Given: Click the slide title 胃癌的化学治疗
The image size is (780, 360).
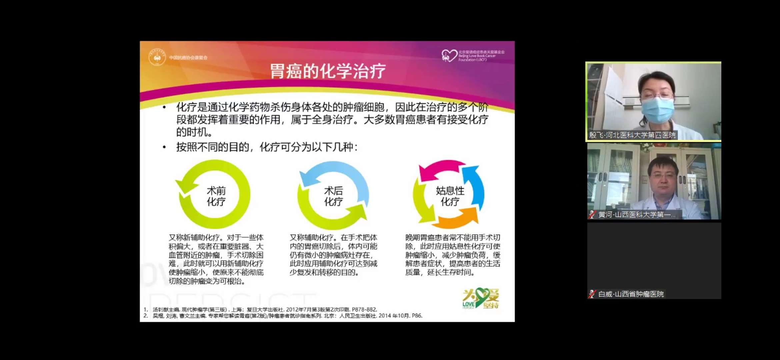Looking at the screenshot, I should [328, 71].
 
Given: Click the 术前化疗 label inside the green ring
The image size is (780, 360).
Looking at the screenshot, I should [216, 196].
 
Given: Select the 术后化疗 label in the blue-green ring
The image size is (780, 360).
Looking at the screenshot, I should [333, 196].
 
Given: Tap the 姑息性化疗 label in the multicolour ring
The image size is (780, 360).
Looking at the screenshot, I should [450, 196].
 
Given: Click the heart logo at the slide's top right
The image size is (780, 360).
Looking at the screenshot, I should [449, 56].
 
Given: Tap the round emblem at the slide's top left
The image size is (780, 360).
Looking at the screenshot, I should [157, 57].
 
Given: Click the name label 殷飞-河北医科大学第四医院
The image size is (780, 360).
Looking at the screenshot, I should [632, 135].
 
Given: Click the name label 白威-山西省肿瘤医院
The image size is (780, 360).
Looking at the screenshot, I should [631, 294].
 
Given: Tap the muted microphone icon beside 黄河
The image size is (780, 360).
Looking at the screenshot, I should [592, 215].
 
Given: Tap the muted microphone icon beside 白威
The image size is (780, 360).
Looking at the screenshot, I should [592, 294].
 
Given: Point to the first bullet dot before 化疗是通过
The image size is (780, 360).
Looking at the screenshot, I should [164, 107].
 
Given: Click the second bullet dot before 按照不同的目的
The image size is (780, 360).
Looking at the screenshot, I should [164, 147].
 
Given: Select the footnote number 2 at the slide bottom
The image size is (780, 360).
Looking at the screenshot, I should [145, 316].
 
